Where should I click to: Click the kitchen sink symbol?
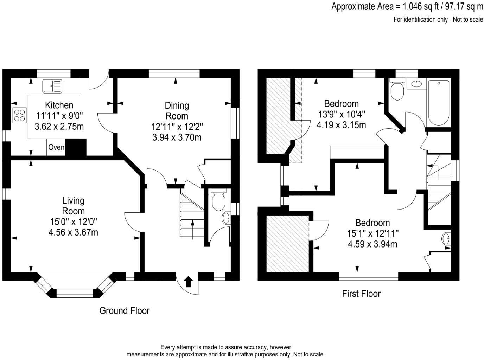tap(52, 86)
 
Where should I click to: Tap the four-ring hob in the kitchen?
tap(20, 115)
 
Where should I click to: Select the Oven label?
tap(56, 147)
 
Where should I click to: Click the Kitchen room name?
tap(59, 105)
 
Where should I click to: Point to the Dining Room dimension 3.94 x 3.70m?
tap(177, 137)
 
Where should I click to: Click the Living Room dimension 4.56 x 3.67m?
tap(73, 232)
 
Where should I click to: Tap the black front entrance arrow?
tap(189, 281)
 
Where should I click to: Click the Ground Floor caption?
tap(125, 311)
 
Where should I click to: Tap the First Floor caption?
tap(361, 294)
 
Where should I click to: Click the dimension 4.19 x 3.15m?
tap(341, 125)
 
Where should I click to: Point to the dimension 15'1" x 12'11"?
tap(372, 233)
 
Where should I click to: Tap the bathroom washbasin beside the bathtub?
tap(416, 84)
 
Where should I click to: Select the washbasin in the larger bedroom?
tap(446, 239)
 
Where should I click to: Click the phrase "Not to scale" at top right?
tap(468, 20)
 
